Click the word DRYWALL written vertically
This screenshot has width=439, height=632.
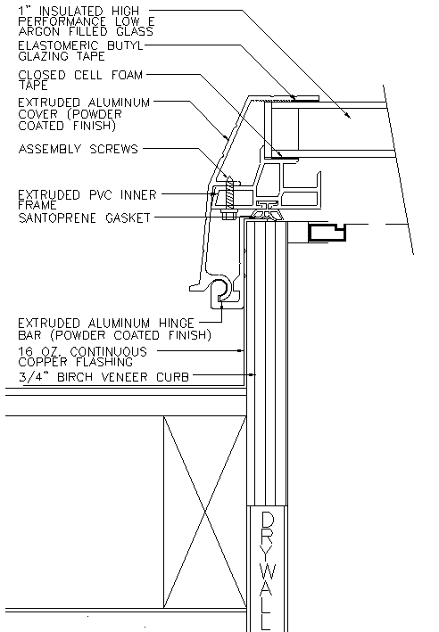268,571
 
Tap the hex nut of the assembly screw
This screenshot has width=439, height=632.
228,215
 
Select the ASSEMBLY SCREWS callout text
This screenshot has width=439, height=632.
79,149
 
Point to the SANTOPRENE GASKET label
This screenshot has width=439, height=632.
84,218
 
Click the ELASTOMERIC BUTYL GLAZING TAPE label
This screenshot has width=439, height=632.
80,51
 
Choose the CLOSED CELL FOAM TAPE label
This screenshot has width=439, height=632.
80,80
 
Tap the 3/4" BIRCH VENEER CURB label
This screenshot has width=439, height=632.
104,377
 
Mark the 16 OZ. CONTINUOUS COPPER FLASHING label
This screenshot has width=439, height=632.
82,357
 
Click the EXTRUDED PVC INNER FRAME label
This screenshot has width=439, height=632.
87,200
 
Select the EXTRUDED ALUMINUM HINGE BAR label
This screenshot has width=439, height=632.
114,329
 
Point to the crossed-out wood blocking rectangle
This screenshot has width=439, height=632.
205,512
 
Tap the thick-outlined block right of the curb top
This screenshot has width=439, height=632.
327,232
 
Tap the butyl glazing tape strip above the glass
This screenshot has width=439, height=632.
306,98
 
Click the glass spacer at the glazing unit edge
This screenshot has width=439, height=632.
282,129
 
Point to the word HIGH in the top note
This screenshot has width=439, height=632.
126,11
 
